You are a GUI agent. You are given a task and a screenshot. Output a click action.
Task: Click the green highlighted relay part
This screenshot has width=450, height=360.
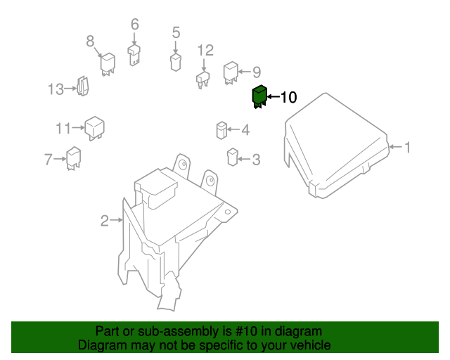coord(259,97)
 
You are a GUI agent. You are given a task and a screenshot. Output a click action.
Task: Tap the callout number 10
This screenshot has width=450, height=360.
coord(289,98)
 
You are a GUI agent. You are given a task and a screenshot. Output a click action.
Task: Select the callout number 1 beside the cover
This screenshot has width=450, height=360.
coord(406,147)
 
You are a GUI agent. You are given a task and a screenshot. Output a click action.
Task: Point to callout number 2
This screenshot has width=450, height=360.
coord(104,221)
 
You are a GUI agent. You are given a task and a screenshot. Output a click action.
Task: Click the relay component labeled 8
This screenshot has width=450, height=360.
coord(108,63)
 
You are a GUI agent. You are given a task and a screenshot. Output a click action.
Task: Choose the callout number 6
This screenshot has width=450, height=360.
coord(134,25)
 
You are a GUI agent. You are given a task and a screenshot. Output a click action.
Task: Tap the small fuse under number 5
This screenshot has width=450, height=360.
coord(176,62)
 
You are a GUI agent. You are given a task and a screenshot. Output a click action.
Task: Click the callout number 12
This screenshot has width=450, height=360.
coord(205,50)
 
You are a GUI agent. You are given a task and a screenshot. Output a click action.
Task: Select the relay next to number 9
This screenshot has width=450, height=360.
coord(230,72)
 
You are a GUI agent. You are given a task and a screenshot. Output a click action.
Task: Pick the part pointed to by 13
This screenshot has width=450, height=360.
coord(82,87)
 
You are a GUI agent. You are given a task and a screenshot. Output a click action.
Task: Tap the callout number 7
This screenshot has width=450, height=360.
coord(49,160)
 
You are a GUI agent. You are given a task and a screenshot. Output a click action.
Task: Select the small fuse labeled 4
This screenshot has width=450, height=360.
coord(221,131)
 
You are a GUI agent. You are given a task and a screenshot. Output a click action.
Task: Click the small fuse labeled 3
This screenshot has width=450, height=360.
coord(232,157)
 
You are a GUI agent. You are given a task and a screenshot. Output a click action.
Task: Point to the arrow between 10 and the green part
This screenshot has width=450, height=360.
coord(273,98)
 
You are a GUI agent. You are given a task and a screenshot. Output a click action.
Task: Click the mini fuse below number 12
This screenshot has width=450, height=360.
coord(204,79)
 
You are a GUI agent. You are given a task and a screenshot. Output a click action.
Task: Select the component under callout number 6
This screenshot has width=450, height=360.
coord(134,54)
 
